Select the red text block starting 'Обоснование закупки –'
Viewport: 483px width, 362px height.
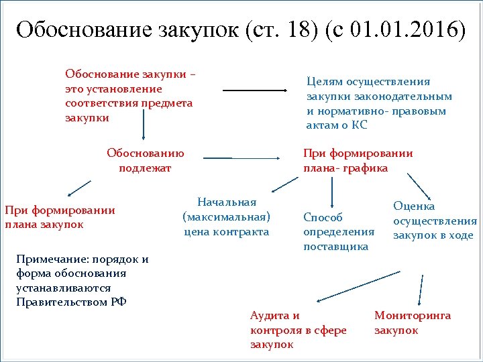[x=131, y=95]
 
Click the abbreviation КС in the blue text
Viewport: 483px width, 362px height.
[x=360, y=125]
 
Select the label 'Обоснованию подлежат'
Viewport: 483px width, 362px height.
[x=145, y=160]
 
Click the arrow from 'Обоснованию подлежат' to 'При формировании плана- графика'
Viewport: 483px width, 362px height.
[x=241, y=158]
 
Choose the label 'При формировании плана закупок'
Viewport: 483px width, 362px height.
[x=60, y=217]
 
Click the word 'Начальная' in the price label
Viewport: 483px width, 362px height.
[x=227, y=202]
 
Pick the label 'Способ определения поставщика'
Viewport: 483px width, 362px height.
[x=339, y=232]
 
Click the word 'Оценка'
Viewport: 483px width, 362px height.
[x=414, y=206]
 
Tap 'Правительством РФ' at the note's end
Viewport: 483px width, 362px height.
[x=71, y=302]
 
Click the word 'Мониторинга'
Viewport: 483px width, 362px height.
[x=413, y=316]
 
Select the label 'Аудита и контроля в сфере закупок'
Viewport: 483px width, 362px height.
[x=298, y=330]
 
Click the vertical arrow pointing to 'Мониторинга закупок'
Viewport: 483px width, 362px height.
[x=421, y=290]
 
